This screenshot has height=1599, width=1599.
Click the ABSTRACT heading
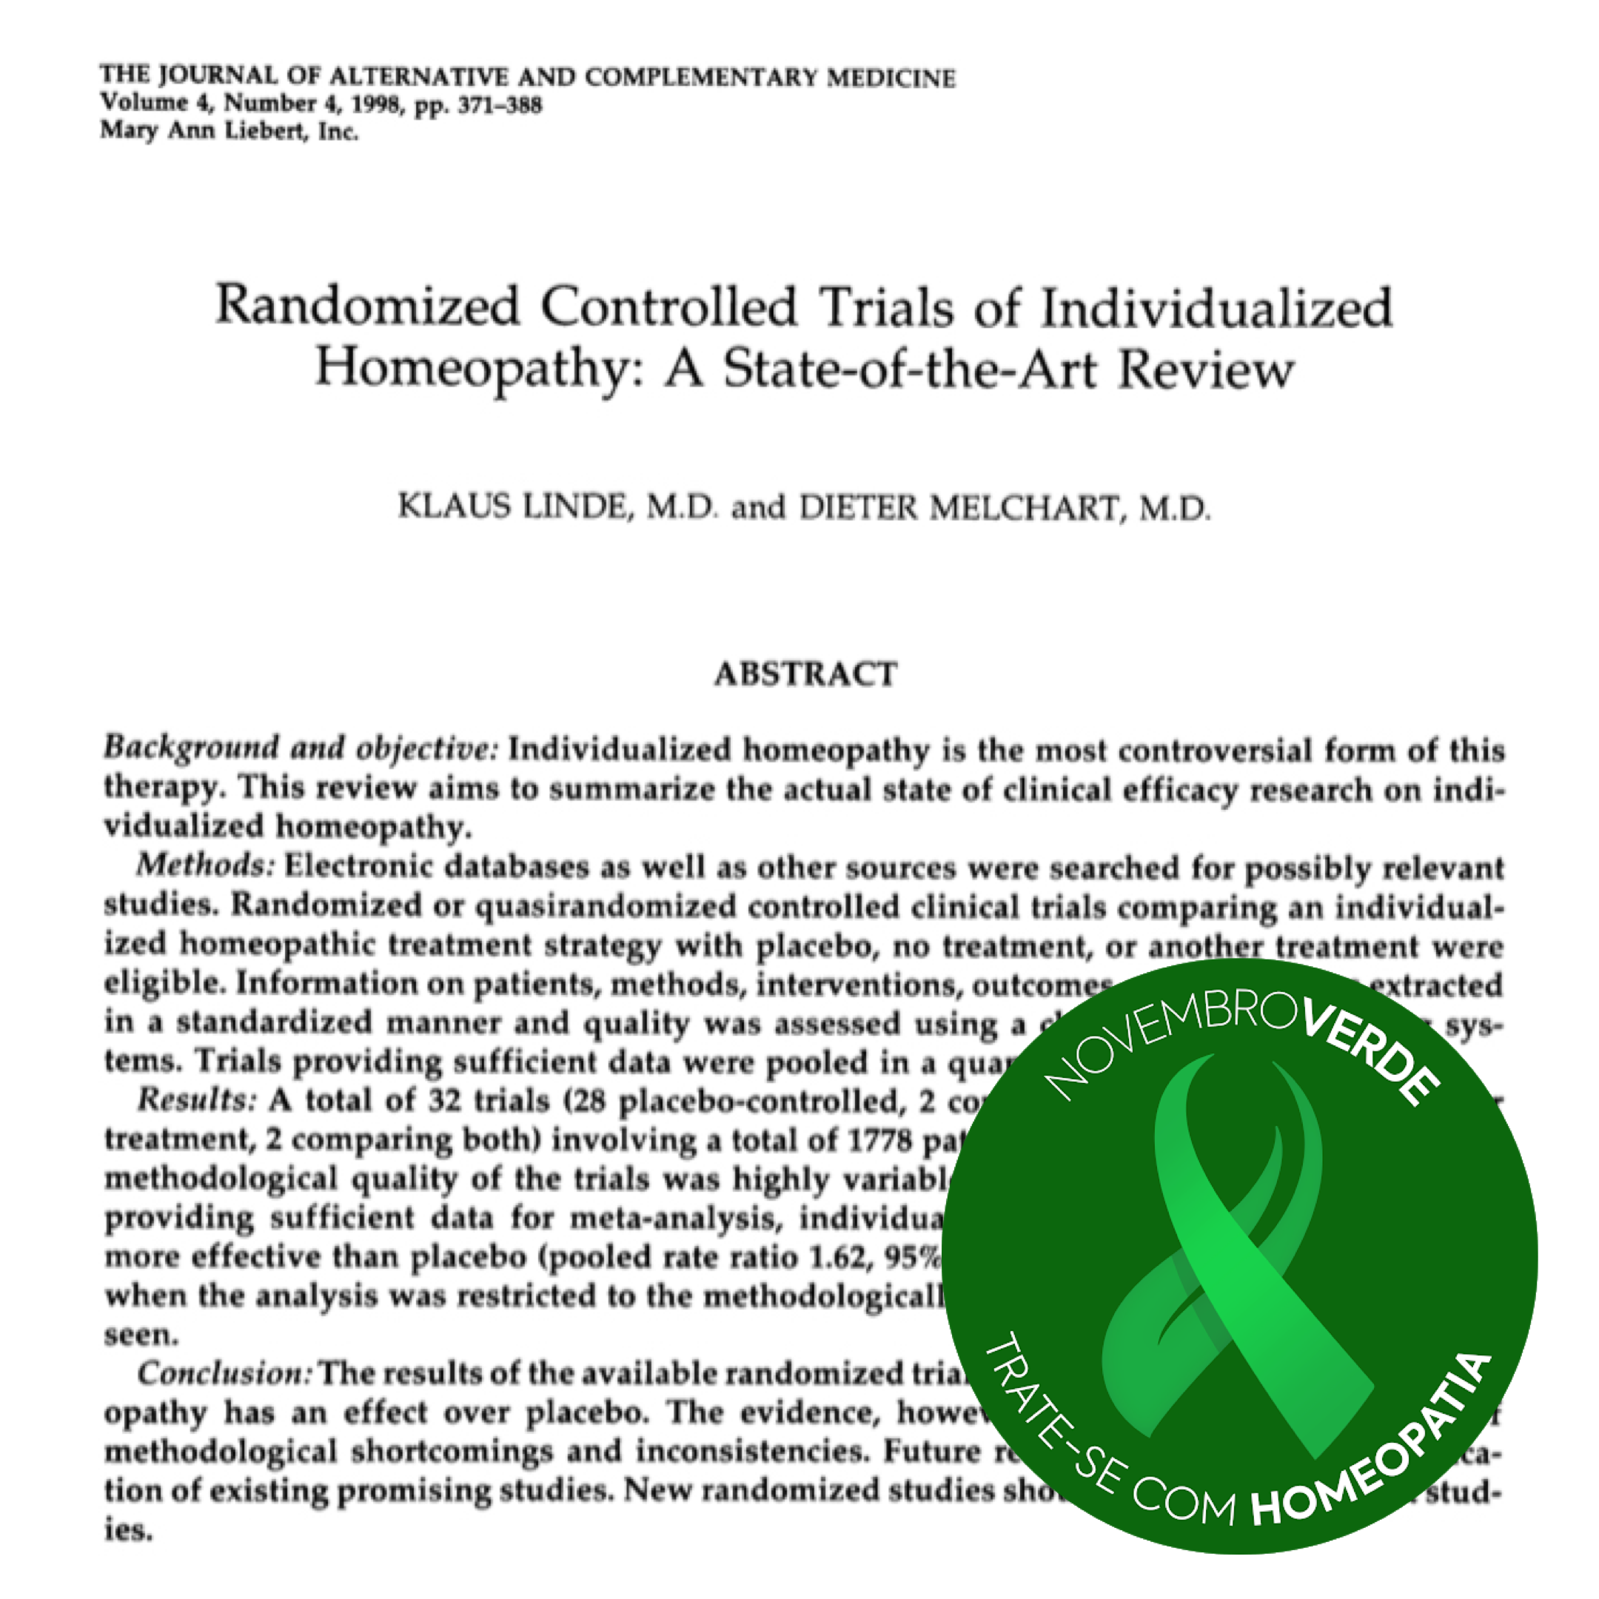coord(805,674)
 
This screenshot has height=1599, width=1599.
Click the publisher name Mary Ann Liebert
coord(207,132)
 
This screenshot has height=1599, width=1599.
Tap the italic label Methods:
coord(205,865)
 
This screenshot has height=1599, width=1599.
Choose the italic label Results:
coord(197,1100)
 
